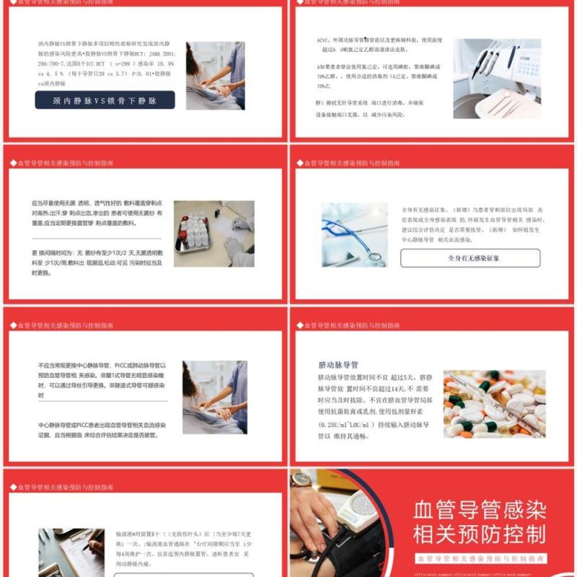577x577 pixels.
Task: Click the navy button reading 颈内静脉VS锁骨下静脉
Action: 105,100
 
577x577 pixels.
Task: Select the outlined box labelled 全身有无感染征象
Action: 470,257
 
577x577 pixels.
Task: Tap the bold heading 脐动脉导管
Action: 338,365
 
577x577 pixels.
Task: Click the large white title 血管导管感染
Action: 480,510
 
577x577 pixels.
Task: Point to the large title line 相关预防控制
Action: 480,534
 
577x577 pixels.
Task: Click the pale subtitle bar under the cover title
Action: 480,558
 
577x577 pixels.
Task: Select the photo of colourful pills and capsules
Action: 494,403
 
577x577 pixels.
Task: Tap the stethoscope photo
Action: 354,234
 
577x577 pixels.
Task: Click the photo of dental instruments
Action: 497,78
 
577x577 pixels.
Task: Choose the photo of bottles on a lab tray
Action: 213,234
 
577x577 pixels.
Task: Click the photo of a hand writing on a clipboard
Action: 71,552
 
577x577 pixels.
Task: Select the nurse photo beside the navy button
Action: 215,75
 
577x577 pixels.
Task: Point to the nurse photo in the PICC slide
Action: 215,397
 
